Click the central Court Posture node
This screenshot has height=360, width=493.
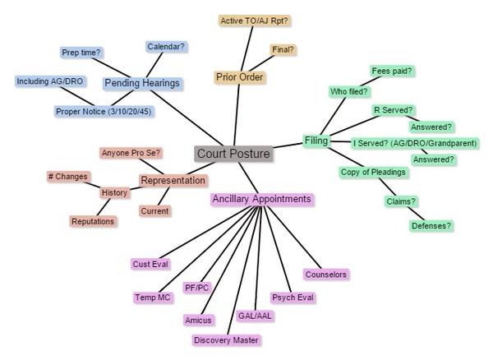coord(233,154)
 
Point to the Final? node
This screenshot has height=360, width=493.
coord(283,49)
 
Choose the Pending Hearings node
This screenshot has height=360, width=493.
coord(141,83)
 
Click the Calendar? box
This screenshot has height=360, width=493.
coord(165,47)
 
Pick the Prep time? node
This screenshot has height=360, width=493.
coord(81,53)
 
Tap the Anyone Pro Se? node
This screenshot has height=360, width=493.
coord(131,153)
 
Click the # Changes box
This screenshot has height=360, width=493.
coord(67,176)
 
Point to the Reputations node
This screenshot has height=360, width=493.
coord(93,221)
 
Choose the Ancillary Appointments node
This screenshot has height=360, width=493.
coord(261,199)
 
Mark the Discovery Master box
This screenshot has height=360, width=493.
coord(227,339)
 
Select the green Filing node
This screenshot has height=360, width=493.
coord(316,141)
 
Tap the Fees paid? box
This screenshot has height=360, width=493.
coord(392,72)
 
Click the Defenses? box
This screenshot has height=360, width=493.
coord(431,225)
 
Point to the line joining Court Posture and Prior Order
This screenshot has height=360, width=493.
coord(237,115)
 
